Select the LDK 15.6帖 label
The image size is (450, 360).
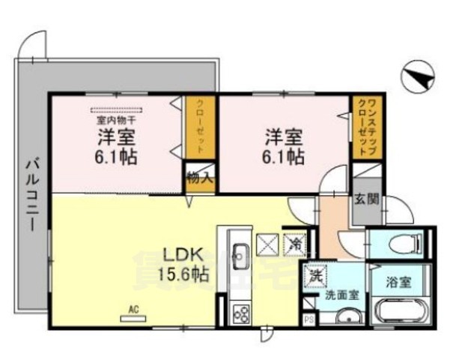point(182,262)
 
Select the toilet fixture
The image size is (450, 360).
point(401,243)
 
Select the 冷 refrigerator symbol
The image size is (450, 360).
point(294,243)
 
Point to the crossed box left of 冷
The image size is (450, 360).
point(267,243)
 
